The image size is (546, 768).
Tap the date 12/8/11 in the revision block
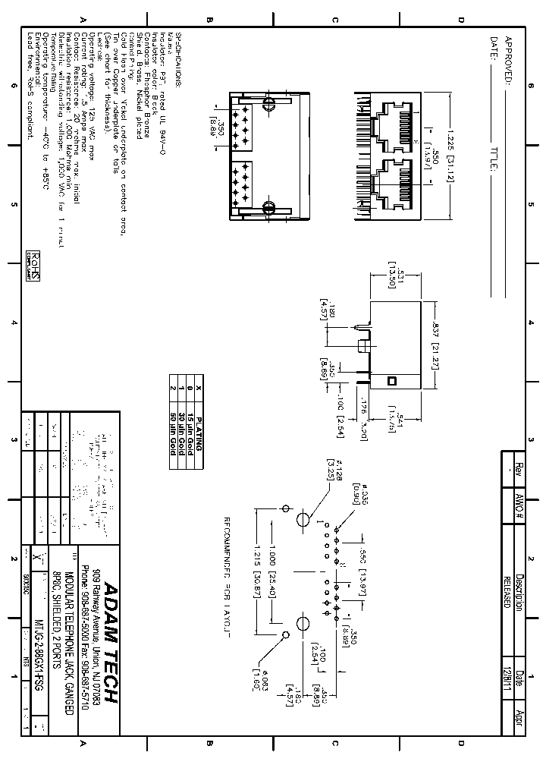pyautogui.click(x=506, y=677)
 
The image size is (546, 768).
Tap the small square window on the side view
pyautogui.click(x=392, y=379)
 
